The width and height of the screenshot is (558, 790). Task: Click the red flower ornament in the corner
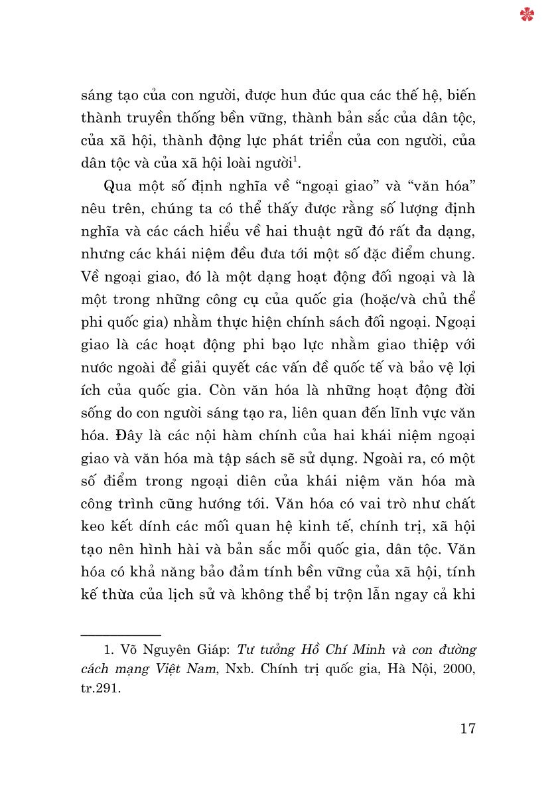click(527, 15)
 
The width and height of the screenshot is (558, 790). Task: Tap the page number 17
click(467, 728)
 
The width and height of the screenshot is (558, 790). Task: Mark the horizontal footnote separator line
click(120, 635)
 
